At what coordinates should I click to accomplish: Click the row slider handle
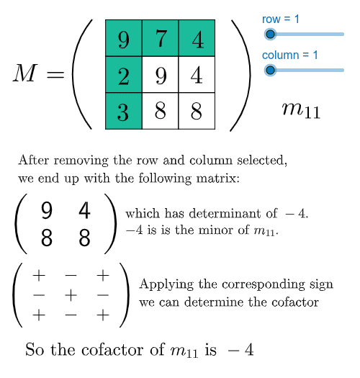click(x=270, y=35)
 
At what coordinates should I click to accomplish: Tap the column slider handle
click(x=270, y=70)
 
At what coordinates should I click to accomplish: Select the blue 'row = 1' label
click(x=280, y=19)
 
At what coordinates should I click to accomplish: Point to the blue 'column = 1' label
click(x=290, y=55)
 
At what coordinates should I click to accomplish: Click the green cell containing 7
click(x=161, y=38)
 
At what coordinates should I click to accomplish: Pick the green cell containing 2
click(x=124, y=74)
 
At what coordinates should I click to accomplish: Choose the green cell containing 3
click(x=124, y=111)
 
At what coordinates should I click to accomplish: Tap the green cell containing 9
click(x=124, y=38)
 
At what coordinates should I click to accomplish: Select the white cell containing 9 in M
click(x=161, y=74)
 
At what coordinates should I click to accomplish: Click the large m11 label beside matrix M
click(x=301, y=110)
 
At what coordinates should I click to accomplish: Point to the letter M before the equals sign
click(x=25, y=73)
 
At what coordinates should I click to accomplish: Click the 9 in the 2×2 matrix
click(x=47, y=210)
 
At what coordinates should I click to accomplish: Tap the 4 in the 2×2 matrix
click(x=84, y=210)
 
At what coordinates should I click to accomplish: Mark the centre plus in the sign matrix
click(x=71, y=295)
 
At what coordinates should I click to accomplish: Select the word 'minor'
click(x=217, y=230)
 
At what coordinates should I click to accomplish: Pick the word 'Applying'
click(x=166, y=284)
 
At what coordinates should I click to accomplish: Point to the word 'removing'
click(x=81, y=161)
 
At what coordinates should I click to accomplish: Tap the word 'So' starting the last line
click(x=35, y=349)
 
